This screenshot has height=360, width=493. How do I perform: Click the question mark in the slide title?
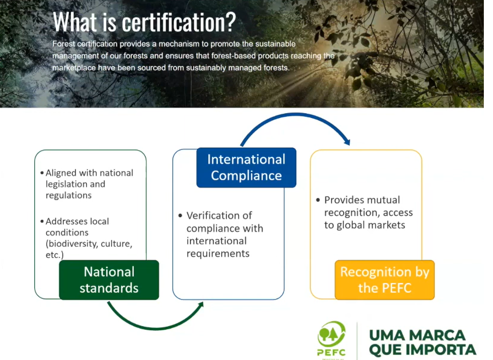231,22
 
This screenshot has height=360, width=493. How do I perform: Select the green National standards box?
109,280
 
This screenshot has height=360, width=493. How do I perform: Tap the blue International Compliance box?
246,167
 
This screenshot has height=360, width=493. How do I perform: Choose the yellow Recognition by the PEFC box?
385,280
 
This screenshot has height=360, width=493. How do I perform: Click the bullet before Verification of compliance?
180,216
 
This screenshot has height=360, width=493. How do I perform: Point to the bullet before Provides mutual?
318,200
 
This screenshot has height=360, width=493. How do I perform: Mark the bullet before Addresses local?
42,221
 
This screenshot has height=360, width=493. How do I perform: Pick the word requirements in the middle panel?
218,254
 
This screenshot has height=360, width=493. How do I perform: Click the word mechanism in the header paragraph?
179,44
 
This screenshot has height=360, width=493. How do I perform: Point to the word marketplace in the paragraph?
74,68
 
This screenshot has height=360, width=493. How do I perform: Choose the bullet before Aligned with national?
42,173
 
